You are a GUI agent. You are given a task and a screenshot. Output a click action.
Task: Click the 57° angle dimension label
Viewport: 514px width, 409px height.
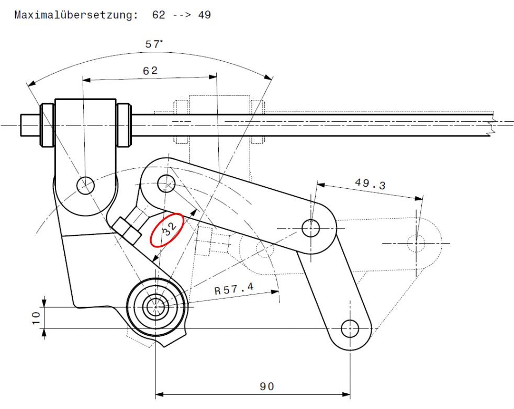(154, 44)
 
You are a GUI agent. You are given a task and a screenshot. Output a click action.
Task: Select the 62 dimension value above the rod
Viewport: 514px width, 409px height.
(150, 71)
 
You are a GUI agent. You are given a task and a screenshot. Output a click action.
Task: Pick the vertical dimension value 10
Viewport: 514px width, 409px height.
(34, 317)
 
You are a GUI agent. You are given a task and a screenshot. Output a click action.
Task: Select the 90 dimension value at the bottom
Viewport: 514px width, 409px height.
(266, 387)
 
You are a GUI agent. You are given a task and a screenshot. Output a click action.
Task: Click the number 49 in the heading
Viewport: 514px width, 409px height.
(204, 15)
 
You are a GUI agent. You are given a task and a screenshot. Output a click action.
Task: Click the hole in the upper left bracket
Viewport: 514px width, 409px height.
(85, 185)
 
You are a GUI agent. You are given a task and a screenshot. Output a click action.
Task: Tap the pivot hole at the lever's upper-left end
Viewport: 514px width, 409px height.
(166, 183)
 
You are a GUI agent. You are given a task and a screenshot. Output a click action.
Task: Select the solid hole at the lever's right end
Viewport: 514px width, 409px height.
(311, 228)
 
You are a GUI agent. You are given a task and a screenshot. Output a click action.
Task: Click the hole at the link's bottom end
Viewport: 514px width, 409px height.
(350, 328)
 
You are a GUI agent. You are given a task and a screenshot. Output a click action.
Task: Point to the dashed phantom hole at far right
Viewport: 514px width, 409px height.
(416, 243)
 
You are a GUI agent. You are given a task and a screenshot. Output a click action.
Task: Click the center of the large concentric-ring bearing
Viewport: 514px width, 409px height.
(156, 307)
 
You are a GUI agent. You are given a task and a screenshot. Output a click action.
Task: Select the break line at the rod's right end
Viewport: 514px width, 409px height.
(490, 126)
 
